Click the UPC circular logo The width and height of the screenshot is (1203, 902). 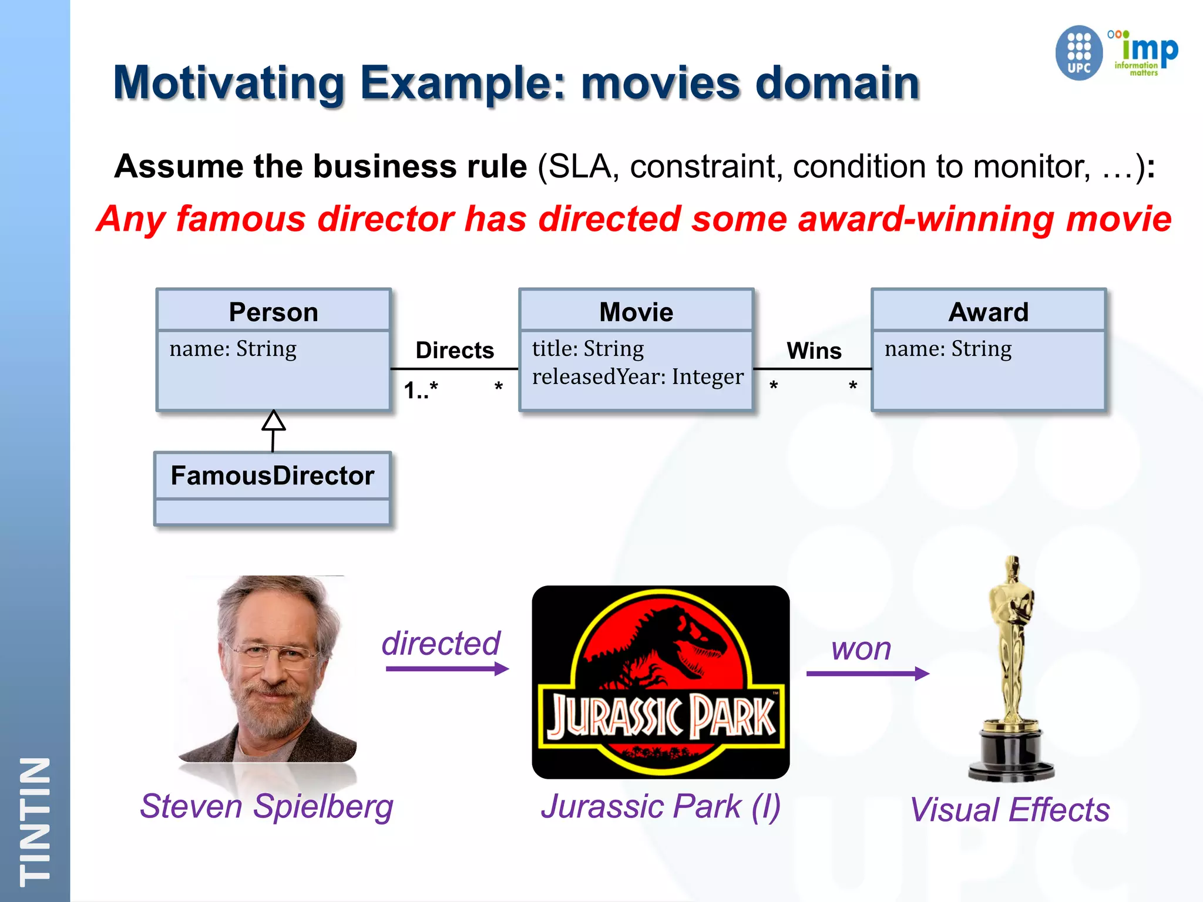[1078, 53]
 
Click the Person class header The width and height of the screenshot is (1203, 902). [273, 312]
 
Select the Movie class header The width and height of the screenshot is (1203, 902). [636, 312]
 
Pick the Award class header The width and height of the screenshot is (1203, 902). [989, 312]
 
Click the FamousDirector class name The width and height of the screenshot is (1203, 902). [272, 476]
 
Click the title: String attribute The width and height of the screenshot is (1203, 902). [588, 349]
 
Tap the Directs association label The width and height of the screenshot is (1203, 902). [455, 351]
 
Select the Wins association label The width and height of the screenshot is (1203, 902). [814, 351]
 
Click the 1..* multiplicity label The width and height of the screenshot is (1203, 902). [421, 390]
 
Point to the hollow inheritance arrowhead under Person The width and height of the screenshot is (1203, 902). [274, 420]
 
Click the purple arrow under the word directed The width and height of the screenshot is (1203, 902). [446, 669]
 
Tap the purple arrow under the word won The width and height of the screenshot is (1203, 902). [867, 674]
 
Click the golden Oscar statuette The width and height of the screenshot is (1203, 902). [1011, 669]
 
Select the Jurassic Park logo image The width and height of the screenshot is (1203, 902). [660, 682]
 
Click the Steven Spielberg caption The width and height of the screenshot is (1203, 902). [266, 806]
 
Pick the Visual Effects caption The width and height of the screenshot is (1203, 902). [1010, 810]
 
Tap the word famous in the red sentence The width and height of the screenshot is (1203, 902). [241, 219]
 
